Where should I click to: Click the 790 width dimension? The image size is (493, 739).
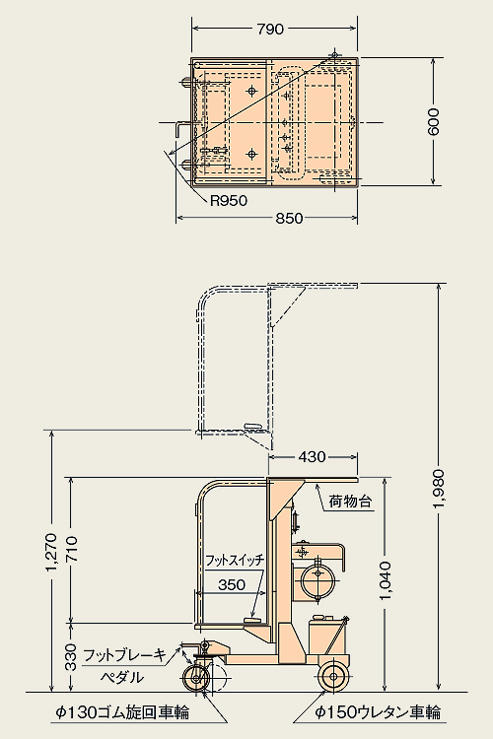tap(270, 30)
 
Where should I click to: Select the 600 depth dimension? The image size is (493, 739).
tap(434, 121)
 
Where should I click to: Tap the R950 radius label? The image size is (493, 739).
tap(229, 201)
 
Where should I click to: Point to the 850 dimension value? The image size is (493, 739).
tap(289, 218)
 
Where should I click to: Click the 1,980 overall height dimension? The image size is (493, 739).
tap(439, 489)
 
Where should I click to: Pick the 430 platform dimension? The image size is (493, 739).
tap(312, 456)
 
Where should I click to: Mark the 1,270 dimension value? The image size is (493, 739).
tap(51, 553)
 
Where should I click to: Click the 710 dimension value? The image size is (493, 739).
tap(71, 549)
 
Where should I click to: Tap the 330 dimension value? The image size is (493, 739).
tap(71, 657)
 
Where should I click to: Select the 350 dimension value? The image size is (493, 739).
tap(232, 584)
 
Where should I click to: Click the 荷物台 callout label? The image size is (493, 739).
tap(350, 502)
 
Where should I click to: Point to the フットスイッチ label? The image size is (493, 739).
tap(235, 561)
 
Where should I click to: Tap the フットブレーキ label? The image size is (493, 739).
tap(124, 654)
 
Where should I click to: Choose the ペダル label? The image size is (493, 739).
tap(121, 678)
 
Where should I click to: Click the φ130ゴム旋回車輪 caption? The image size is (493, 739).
tap(122, 712)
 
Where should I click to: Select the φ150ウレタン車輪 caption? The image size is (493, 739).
tap(378, 712)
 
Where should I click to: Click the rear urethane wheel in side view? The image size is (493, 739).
tap(334, 677)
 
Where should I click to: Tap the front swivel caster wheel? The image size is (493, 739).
tap(196, 678)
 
